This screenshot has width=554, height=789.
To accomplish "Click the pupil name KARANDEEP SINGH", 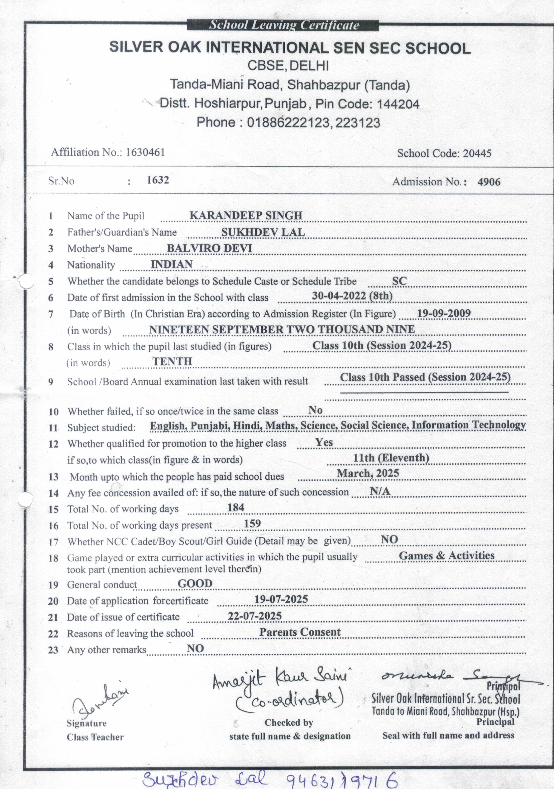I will pos(246,215).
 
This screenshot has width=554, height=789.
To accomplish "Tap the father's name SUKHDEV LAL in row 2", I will pos(263,232).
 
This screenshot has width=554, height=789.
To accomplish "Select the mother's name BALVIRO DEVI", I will pos(209,248).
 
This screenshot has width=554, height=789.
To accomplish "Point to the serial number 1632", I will pos(158,180).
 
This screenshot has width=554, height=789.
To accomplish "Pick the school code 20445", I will pos(477,153).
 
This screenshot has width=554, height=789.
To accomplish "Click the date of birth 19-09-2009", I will pos(444,313).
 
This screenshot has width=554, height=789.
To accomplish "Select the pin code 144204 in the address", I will pos(398,104).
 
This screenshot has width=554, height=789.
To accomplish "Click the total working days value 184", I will pos(236,507).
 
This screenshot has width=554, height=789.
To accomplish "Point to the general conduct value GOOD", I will pos(195,583).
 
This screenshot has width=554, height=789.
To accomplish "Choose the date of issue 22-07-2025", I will pos(255,616).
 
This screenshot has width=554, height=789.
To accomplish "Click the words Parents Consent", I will pos(300,632).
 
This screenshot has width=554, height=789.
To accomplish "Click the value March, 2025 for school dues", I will pos(367,473).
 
